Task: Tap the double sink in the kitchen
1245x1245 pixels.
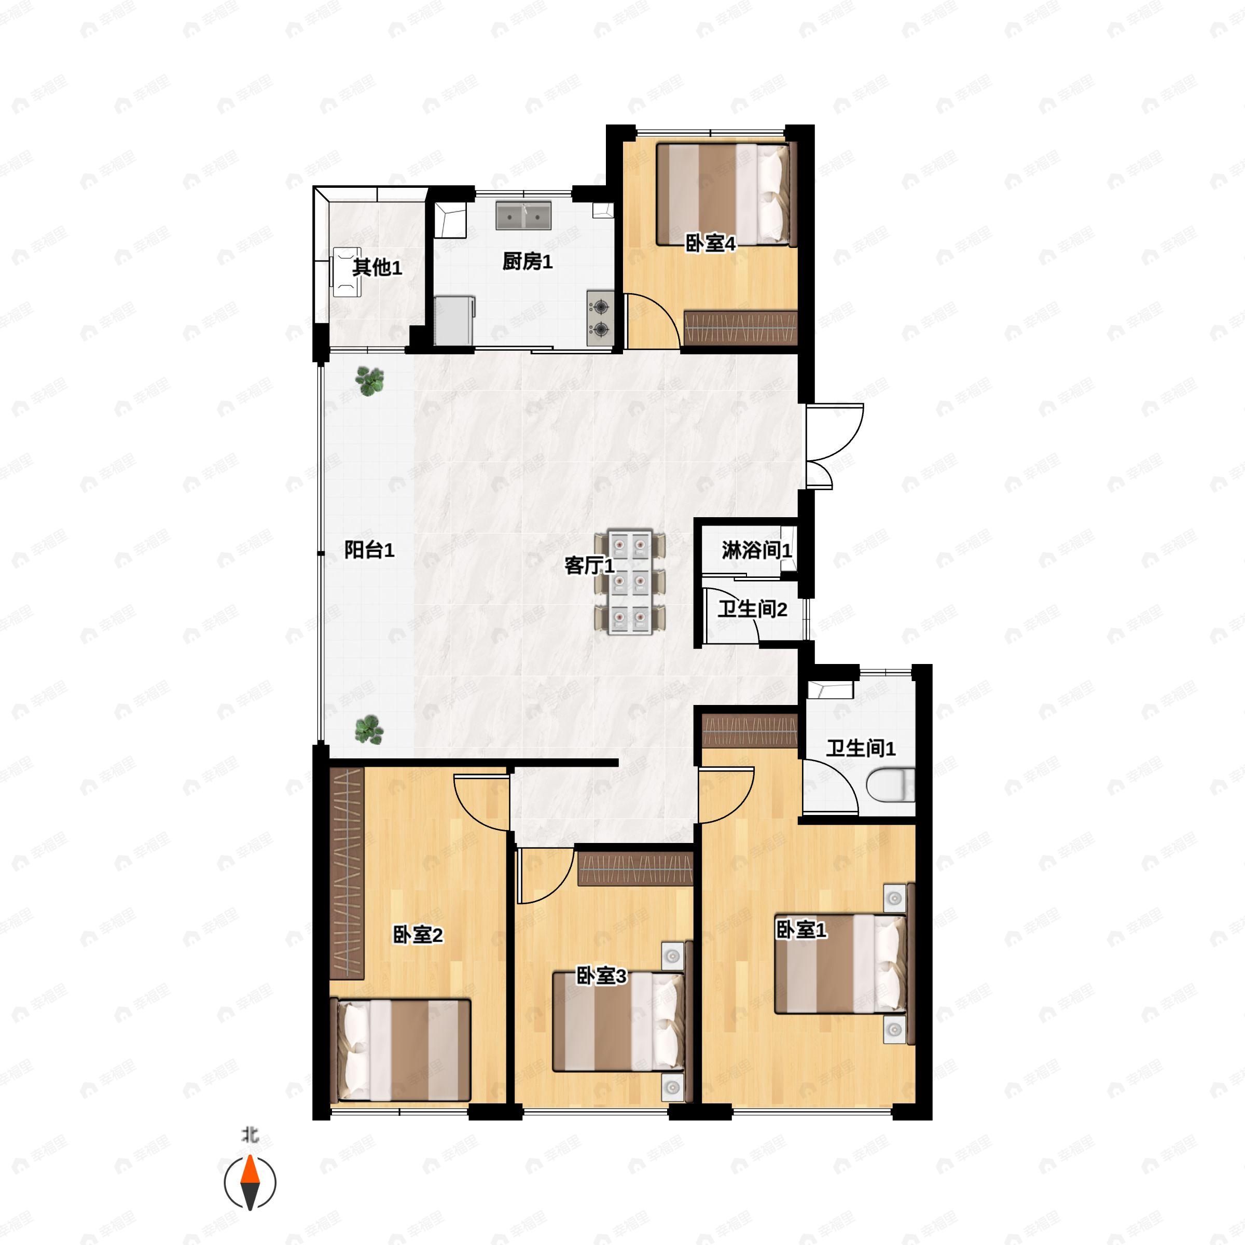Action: [523, 215]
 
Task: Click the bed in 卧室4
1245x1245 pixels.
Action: [727, 195]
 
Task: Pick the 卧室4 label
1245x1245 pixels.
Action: [710, 244]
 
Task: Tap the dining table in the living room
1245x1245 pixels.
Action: [630, 583]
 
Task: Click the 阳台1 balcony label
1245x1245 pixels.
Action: [369, 550]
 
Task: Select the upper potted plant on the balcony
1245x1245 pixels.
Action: [369, 381]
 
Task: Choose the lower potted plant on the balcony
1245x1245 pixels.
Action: [369, 729]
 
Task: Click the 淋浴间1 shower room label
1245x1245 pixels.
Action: [756, 550]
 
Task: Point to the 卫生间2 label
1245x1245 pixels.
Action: [753, 608]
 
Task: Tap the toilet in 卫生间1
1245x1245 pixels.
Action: [891, 785]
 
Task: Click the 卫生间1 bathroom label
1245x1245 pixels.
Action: [861, 748]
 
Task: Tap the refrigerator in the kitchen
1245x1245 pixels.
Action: [455, 320]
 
